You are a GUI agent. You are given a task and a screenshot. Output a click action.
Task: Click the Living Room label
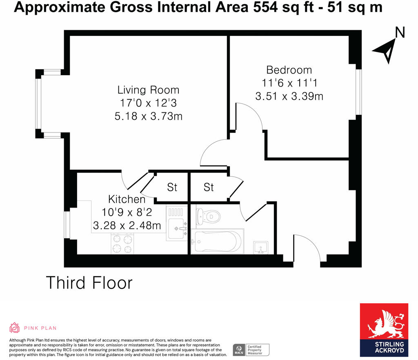tap(148, 90)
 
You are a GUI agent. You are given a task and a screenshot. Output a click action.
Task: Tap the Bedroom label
tap(289, 70)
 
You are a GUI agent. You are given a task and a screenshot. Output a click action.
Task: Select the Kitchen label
tap(127, 199)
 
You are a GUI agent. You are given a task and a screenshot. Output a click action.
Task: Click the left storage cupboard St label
tap(172, 188)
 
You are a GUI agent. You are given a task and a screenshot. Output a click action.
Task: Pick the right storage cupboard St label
tap(209, 188)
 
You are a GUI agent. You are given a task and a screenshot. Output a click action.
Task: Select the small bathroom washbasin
tap(260, 247)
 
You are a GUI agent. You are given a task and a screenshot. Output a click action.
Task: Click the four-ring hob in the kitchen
tap(122, 244)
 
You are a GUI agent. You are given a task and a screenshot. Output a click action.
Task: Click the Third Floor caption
tap(89, 283)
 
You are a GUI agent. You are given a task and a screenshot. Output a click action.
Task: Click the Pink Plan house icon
tap(15, 328)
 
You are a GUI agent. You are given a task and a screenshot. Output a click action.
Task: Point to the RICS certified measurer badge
tap(251, 349)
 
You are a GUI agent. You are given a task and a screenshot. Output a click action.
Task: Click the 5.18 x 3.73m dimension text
tap(148, 117)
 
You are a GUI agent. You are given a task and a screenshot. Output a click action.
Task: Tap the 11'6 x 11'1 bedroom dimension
tap(289, 83)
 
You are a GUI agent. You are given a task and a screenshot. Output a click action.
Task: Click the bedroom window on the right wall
tap(358, 92)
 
